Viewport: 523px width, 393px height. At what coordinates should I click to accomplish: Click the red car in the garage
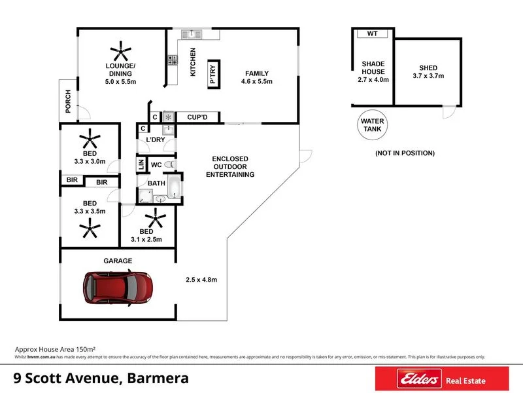click(x=118, y=286)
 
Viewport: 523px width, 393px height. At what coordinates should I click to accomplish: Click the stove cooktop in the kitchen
click(x=173, y=60)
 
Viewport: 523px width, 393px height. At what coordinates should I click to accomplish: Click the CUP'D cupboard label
click(x=197, y=117)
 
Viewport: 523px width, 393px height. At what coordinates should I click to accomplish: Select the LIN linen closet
click(x=140, y=164)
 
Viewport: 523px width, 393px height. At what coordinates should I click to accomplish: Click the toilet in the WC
click(x=169, y=164)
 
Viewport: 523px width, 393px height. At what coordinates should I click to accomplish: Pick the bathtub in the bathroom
click(x=175, y=187)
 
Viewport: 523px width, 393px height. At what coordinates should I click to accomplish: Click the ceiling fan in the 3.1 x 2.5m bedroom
click(x=156, y=217)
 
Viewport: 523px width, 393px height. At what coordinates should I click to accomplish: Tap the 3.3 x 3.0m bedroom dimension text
click(x=88, y=160)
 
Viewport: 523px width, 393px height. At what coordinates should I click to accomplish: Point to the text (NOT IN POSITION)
click(x=405, y=153)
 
